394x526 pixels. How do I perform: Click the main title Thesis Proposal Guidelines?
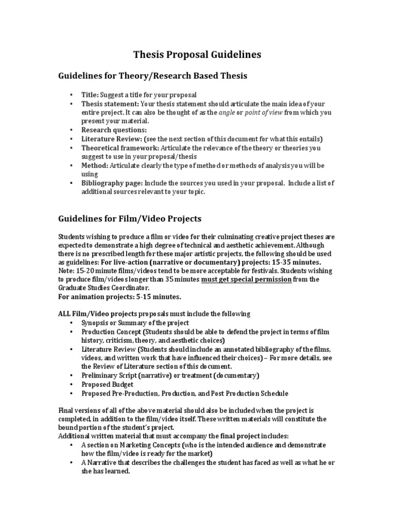coord(198,54)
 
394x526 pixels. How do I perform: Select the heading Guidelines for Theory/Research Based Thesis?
coord(151,76)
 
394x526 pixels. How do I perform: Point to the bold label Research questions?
coord(107,130)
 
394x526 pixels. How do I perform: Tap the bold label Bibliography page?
coord(112,183)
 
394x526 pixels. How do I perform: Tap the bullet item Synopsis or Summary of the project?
coord(135,323)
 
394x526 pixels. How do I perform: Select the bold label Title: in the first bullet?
coord(90,95)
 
